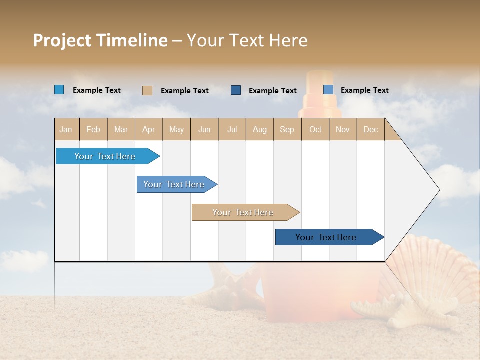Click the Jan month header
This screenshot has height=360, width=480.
pyautogui.click(x=66, y=129)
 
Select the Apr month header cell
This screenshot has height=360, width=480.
pyautogui.click(x=149, y=129)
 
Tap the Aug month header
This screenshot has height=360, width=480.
pyautogui.click(x=260, y=129)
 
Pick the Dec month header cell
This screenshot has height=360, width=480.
pyautogui.click(x=371, y=129)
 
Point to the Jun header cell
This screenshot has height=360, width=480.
pyautogui.click(x=204, y=129)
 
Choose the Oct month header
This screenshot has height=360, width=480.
pyautogui.click(x=315, y=129)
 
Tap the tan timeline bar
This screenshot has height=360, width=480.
pyautogui.click(x=243, y=212)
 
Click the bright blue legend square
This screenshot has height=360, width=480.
pyautogui.click(x=59, y=90)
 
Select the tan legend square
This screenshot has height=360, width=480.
pyautogui.click(x=147, y=90)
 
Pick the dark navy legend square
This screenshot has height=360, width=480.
pyautogui.click(x=236, y=90)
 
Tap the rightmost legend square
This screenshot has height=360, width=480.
pyautogui.click(x=328, y=90)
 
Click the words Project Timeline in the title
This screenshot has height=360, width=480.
pyautogui.click(x=100, y=40)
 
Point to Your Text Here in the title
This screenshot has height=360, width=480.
pyautogui.click(x=247, y=40)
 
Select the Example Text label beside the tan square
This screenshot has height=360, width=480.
pyautogui.click(x=184, y=91)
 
